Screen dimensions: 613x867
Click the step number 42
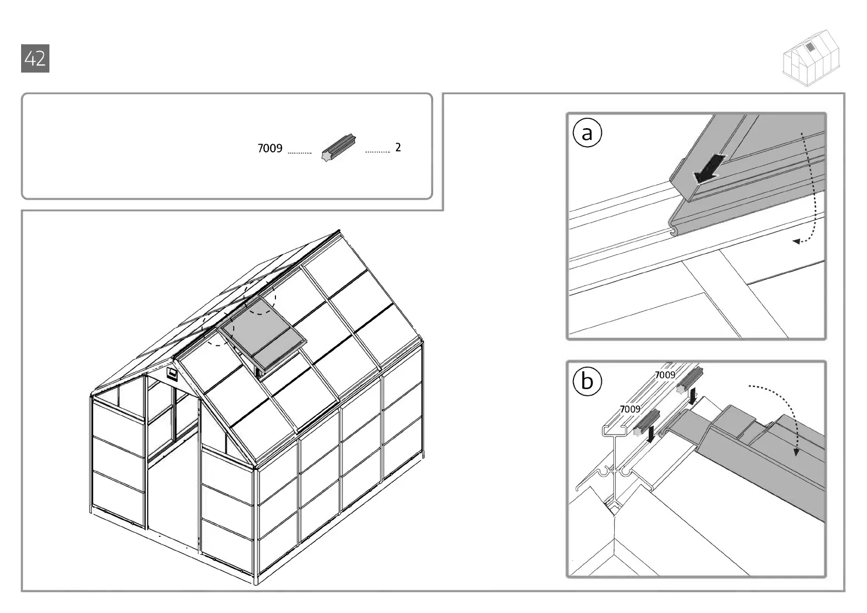pyautogui.click(x=35, y=59)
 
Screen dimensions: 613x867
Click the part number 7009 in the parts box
pyautogui.click(x=270, y=149)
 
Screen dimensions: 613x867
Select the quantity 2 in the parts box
pyautogui.click(x=398, y=148)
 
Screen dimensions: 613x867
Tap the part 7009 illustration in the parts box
pyautogui.click(x=338, y=148)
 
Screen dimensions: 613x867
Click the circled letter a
pyautogui.click(x=587, y=133)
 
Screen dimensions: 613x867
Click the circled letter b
pyautogui.click(x=587, y=381)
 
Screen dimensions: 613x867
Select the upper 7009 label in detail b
pyautogui.click(x=665, y=375)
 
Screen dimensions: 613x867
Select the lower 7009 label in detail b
pyautogui.click(x=630, y=409)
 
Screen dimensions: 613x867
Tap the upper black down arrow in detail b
pyautogui.click(x=693, y=397)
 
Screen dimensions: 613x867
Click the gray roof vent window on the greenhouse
pyautogui.click(x=263, y=332)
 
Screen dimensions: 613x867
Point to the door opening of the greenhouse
pyautogui.click(x=172, y=494)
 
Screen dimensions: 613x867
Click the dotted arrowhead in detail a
pyautogui.click(x=796, y=241)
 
